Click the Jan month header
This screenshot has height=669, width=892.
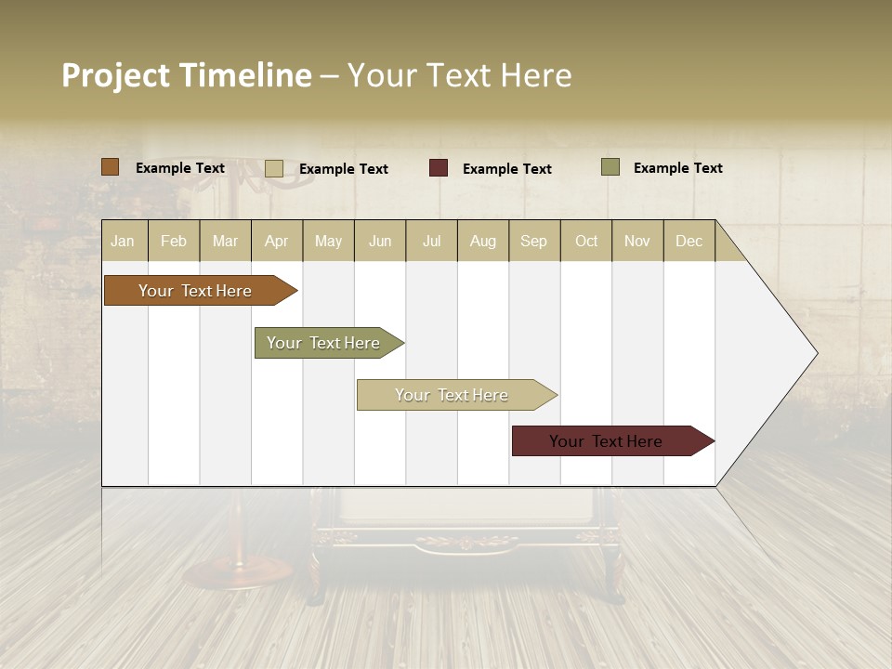tap(124, 241)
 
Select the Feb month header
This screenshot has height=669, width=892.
tap(174, 241)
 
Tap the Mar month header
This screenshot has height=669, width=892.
tap(225, 241)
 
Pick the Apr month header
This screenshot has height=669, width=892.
tap(277, 241)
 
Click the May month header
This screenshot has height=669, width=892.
tap(328, 241)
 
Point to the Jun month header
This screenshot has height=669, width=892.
tap(380, 241)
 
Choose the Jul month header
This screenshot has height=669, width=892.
tap(431, 241)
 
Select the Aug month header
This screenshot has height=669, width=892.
tap(483, 241)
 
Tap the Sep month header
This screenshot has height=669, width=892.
tap(534, 241)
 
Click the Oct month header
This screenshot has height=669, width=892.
tap(586, 241)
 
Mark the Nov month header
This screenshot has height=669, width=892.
tap(637, 241)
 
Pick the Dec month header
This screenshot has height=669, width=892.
tap(689, 241)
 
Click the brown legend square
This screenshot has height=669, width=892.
tap(110, 167)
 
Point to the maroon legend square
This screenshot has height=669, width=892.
tap(439, 168)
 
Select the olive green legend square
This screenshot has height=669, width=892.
tap(610, 167)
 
